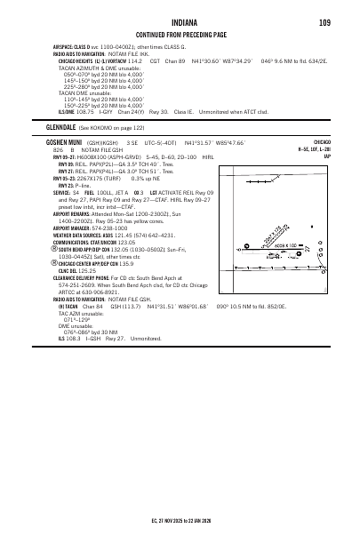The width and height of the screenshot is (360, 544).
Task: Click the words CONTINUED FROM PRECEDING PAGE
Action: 180,34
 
